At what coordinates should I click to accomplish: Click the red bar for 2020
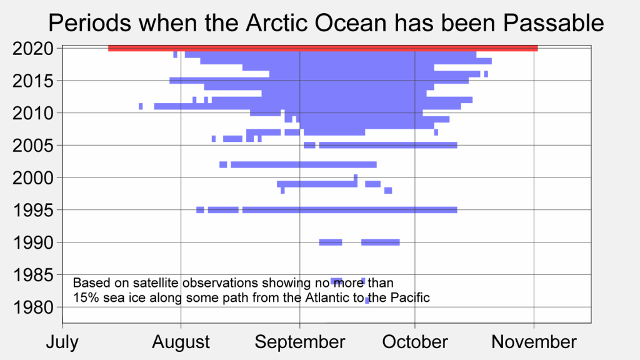[x=322, y=48]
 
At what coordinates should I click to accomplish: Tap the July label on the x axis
[x=62, y=342]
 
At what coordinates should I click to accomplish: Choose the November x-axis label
[x=534, y=342]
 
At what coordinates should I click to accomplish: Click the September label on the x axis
[x=300, y=342]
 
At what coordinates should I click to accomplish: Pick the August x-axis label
[x=181, y=342]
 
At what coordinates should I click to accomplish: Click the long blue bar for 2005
[x=388, y=146]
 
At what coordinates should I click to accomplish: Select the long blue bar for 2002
[x=303, y=164]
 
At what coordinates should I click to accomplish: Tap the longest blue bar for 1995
[x=349, y=210]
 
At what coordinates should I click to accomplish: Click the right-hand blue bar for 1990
[x=380, y=242]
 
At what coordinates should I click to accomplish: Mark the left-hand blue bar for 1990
[x=331, y=242]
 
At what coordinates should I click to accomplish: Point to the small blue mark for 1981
[x=367, y=301]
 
